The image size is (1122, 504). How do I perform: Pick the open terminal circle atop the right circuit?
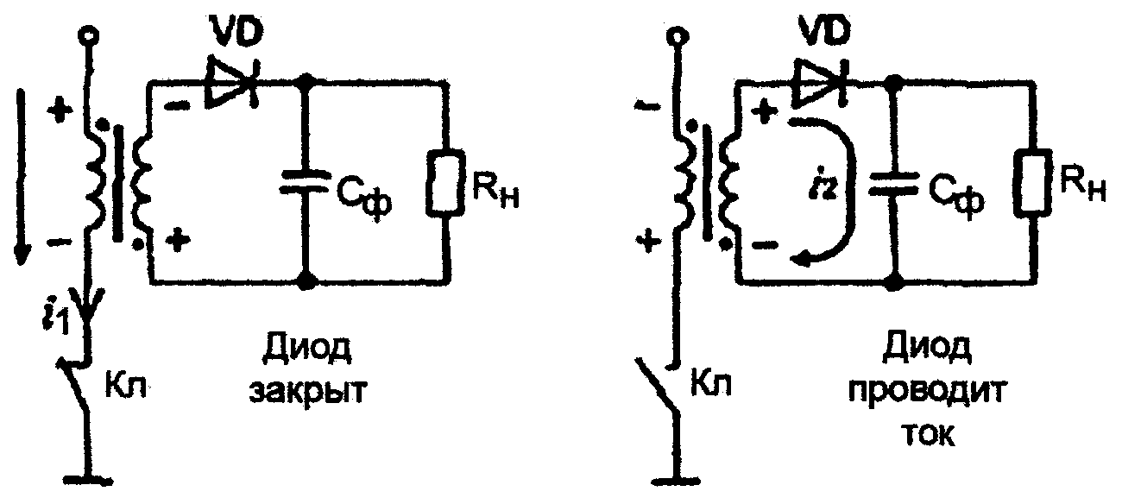[x=679, y=35]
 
